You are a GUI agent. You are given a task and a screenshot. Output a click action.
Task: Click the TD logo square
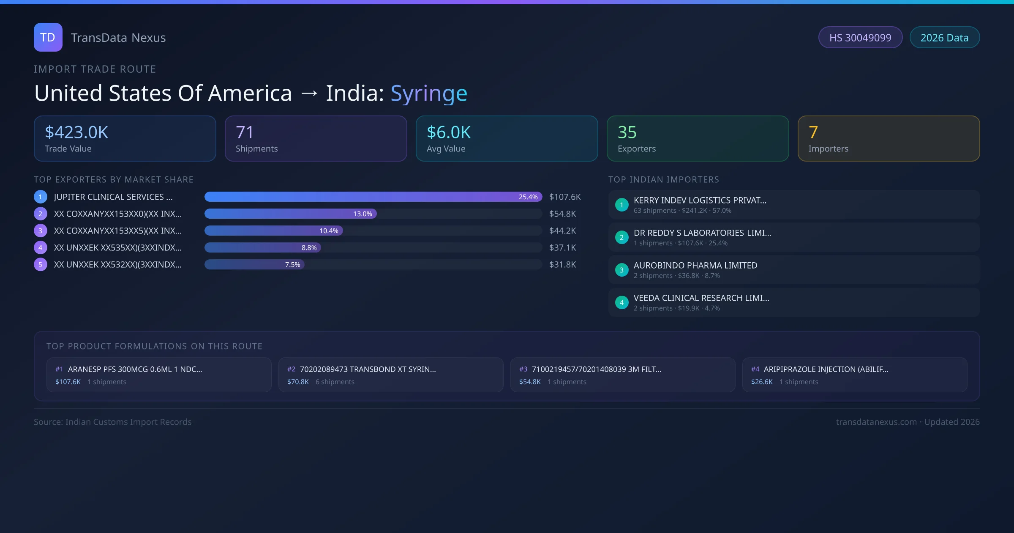click(48, 37)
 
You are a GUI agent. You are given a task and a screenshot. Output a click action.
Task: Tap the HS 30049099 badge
click(860, 38)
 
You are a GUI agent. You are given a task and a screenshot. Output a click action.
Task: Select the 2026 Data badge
click(944, 38)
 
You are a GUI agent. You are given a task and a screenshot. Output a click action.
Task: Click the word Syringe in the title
click(428, 93)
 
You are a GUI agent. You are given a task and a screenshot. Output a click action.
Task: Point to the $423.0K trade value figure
click(76, 132)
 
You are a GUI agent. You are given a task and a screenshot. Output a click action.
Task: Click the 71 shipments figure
click(245, 132)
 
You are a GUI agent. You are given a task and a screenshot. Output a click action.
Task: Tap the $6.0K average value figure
click(448, 132)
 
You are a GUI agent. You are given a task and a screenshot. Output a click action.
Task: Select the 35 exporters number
click(627, 132)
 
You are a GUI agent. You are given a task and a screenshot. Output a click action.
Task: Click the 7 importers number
click(813, 132)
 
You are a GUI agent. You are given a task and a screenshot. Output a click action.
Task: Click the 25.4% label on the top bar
click(528, 197)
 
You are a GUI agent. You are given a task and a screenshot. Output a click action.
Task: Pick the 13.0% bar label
click(363, 214)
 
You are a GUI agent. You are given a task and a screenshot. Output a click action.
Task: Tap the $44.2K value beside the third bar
click(562, 231)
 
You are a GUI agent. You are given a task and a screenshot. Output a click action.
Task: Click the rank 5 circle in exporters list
click(40, 264)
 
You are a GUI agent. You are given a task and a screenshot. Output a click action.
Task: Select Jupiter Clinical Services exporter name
click(113, 197)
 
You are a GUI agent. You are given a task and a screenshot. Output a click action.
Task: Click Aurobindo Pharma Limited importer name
click(695, 265)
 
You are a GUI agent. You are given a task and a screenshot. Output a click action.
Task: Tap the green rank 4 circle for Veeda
click(621, 302)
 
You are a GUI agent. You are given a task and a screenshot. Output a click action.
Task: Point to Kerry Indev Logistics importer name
click(700, 200)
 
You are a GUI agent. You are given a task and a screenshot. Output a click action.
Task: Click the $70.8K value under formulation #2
click(298, 382)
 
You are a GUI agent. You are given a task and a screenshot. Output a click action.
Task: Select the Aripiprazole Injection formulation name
click(826, 369)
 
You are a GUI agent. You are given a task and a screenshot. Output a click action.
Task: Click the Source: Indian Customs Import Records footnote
click(112, 422)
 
